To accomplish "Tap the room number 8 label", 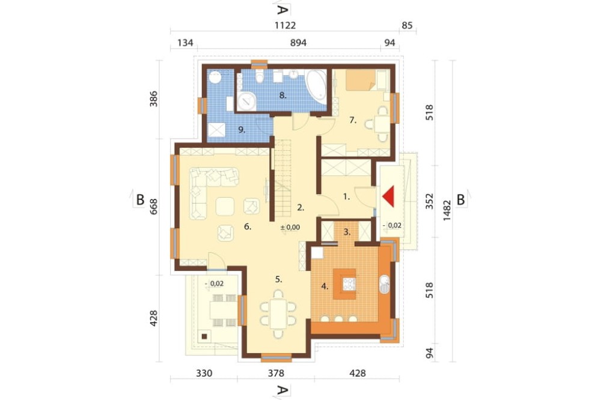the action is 283,95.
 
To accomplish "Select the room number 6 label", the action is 248,227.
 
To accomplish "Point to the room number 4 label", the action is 325,286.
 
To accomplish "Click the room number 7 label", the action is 353,120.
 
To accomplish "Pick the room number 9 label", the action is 242,130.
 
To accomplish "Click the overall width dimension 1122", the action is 285,25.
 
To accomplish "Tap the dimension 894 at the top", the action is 298,43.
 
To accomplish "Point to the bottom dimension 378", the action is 276,373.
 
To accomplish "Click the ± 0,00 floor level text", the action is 290,227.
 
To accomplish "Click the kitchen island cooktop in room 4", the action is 350,284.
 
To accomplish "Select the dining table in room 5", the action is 278,314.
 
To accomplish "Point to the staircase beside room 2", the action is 283,178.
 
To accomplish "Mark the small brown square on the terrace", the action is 204,336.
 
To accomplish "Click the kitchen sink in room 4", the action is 385,284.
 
